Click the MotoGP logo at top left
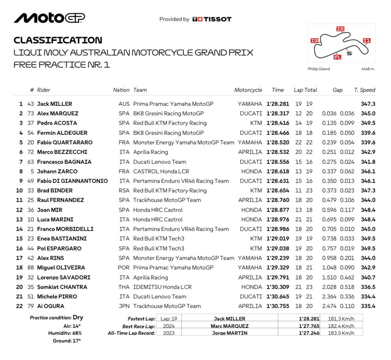pyautogui.click(x=49, y=18)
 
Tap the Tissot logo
pyautogui.click(x=212, y=19)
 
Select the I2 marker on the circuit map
pyautogui.click(x=340, y=29)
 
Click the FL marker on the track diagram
pyautogui.click(x=337, y=57)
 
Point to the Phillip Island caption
pyautogui.click(x=318, y=69)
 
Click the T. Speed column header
pyautogui.click(x=365, y=90)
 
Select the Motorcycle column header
pyautogui.click(x=248, y=90)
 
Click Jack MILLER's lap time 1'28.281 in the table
pyautogui.click(x=278, y=104)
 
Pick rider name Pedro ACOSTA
pyautogui.click(x=57, y=123)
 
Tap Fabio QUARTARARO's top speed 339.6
pyautogui.click(x=368, y=142)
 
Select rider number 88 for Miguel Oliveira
pyautogui.click(x=30, y=268)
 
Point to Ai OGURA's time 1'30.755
pyautogui.click(x=278, y=306)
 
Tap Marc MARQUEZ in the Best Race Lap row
pyautogui.click(x=229, y=326)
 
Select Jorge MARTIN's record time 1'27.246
pyautogui.click(x=309, y=333)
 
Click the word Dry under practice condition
pyautogui.click(x=78, y=317)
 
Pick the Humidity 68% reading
pyautogui.click(x=65, y=333)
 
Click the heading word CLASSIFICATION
pyautogui.click(x=58, y=40)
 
